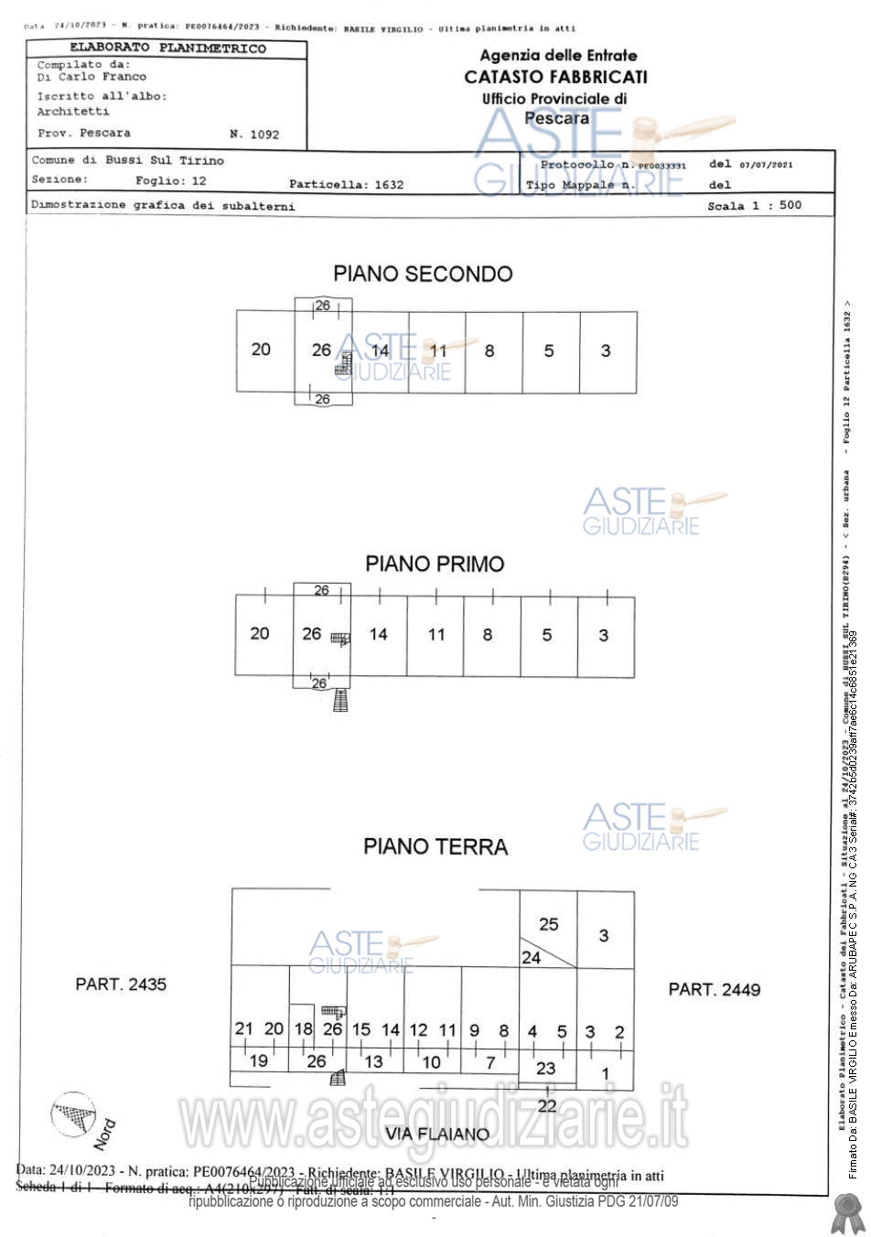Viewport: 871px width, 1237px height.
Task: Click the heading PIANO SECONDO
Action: tap(423, 274)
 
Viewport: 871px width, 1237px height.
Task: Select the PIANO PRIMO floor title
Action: tap(435, 564)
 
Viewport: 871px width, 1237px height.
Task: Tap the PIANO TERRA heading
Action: tap(435, 846)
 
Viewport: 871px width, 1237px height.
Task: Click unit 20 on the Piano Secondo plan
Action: tap(261, 350)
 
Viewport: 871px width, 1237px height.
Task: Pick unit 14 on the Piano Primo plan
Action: tap(378, 634)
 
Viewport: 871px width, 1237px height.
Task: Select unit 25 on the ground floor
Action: tap(549, 924)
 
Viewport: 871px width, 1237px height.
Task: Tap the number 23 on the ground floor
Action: tap(545, 1068)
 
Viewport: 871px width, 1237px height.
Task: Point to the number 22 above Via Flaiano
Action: tap(547, 1105)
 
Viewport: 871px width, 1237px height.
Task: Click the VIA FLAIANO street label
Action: tap(437, 1134)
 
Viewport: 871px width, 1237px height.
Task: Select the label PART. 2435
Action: tap(121, 984)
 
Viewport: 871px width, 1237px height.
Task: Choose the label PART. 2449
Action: tap(714, 989)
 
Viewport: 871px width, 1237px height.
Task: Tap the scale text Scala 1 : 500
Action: tap(754, 206)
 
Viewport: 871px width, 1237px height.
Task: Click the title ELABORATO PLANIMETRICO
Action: tap(167, 48)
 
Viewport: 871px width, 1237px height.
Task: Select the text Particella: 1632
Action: tap(346, 184)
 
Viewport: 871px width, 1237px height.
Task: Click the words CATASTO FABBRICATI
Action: tap(555, 77)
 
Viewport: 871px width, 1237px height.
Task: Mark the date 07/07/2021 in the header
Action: tap(766, 165)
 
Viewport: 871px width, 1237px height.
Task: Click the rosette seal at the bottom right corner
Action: tap(847, 1212)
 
